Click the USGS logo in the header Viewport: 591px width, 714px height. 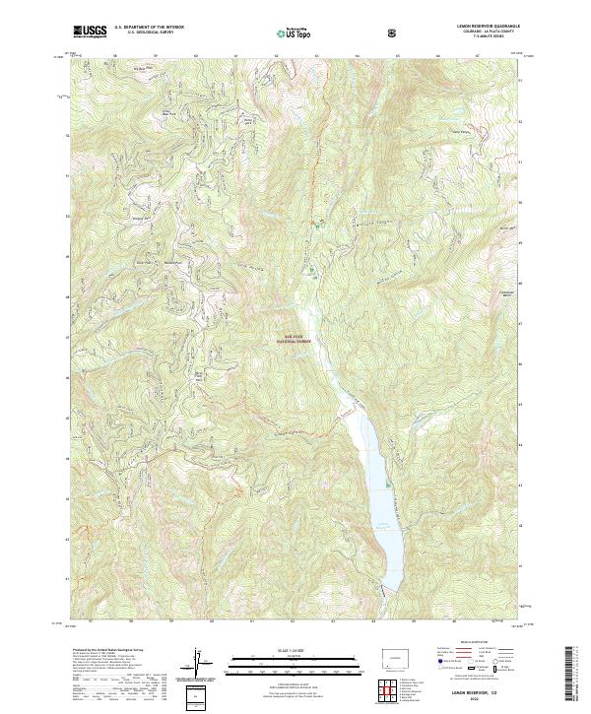[x=90, y=32]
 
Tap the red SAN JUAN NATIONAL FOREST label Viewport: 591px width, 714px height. [x=296, y=340]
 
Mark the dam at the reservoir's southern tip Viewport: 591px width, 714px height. [x=391, y=589]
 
